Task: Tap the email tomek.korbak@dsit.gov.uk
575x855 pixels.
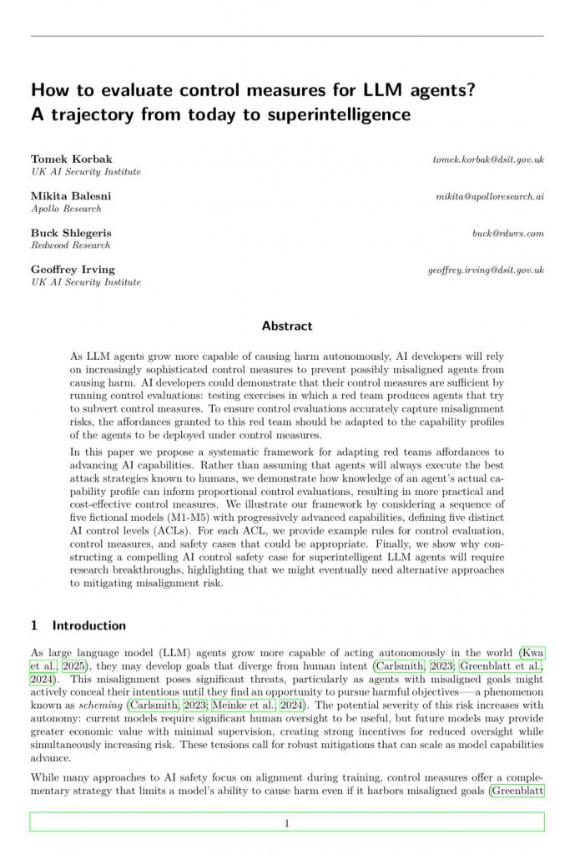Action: [488, 159]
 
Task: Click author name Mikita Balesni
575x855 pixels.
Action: [71, 195]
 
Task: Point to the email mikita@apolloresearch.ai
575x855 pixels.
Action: [490, 195]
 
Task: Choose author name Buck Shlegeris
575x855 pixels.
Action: [71, 232]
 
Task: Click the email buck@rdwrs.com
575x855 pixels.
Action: [507, 233]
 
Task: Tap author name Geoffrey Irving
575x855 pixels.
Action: [73, 269]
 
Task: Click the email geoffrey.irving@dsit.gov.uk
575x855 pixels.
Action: [486, 270]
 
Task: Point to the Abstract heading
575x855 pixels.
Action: [287, 326]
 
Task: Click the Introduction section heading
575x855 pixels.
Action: [89, 625]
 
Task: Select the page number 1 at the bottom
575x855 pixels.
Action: [287, 823]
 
